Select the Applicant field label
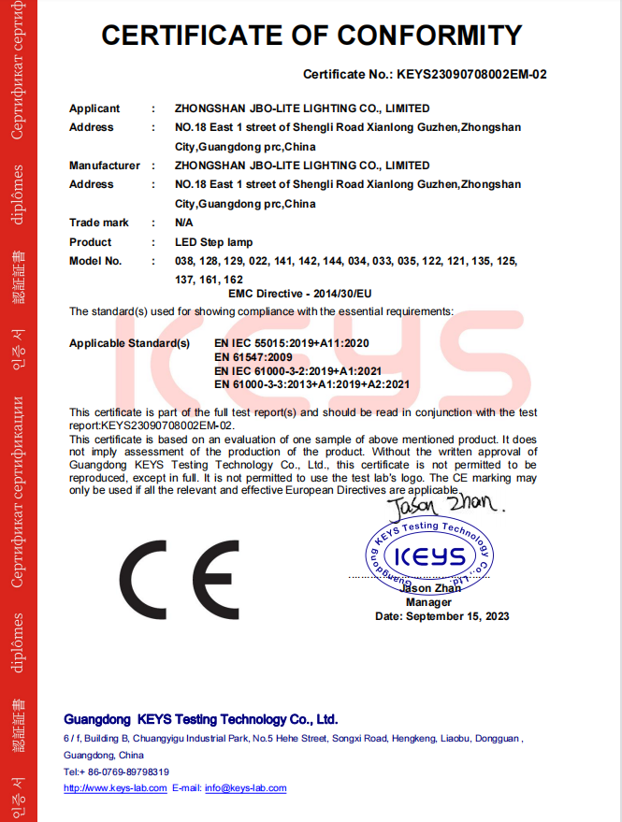point(94,108)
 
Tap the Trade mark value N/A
point(184,223)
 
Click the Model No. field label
point(95,261)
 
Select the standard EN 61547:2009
point(254,357)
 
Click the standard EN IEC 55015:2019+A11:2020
point(292,343)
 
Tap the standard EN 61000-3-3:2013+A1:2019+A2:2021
point(311,383)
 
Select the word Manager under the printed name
point(428,602)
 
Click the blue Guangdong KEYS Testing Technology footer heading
point(200,720)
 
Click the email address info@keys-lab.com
point(245,788)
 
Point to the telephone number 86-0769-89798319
point(124,772)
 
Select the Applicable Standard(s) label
point(129,343)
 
